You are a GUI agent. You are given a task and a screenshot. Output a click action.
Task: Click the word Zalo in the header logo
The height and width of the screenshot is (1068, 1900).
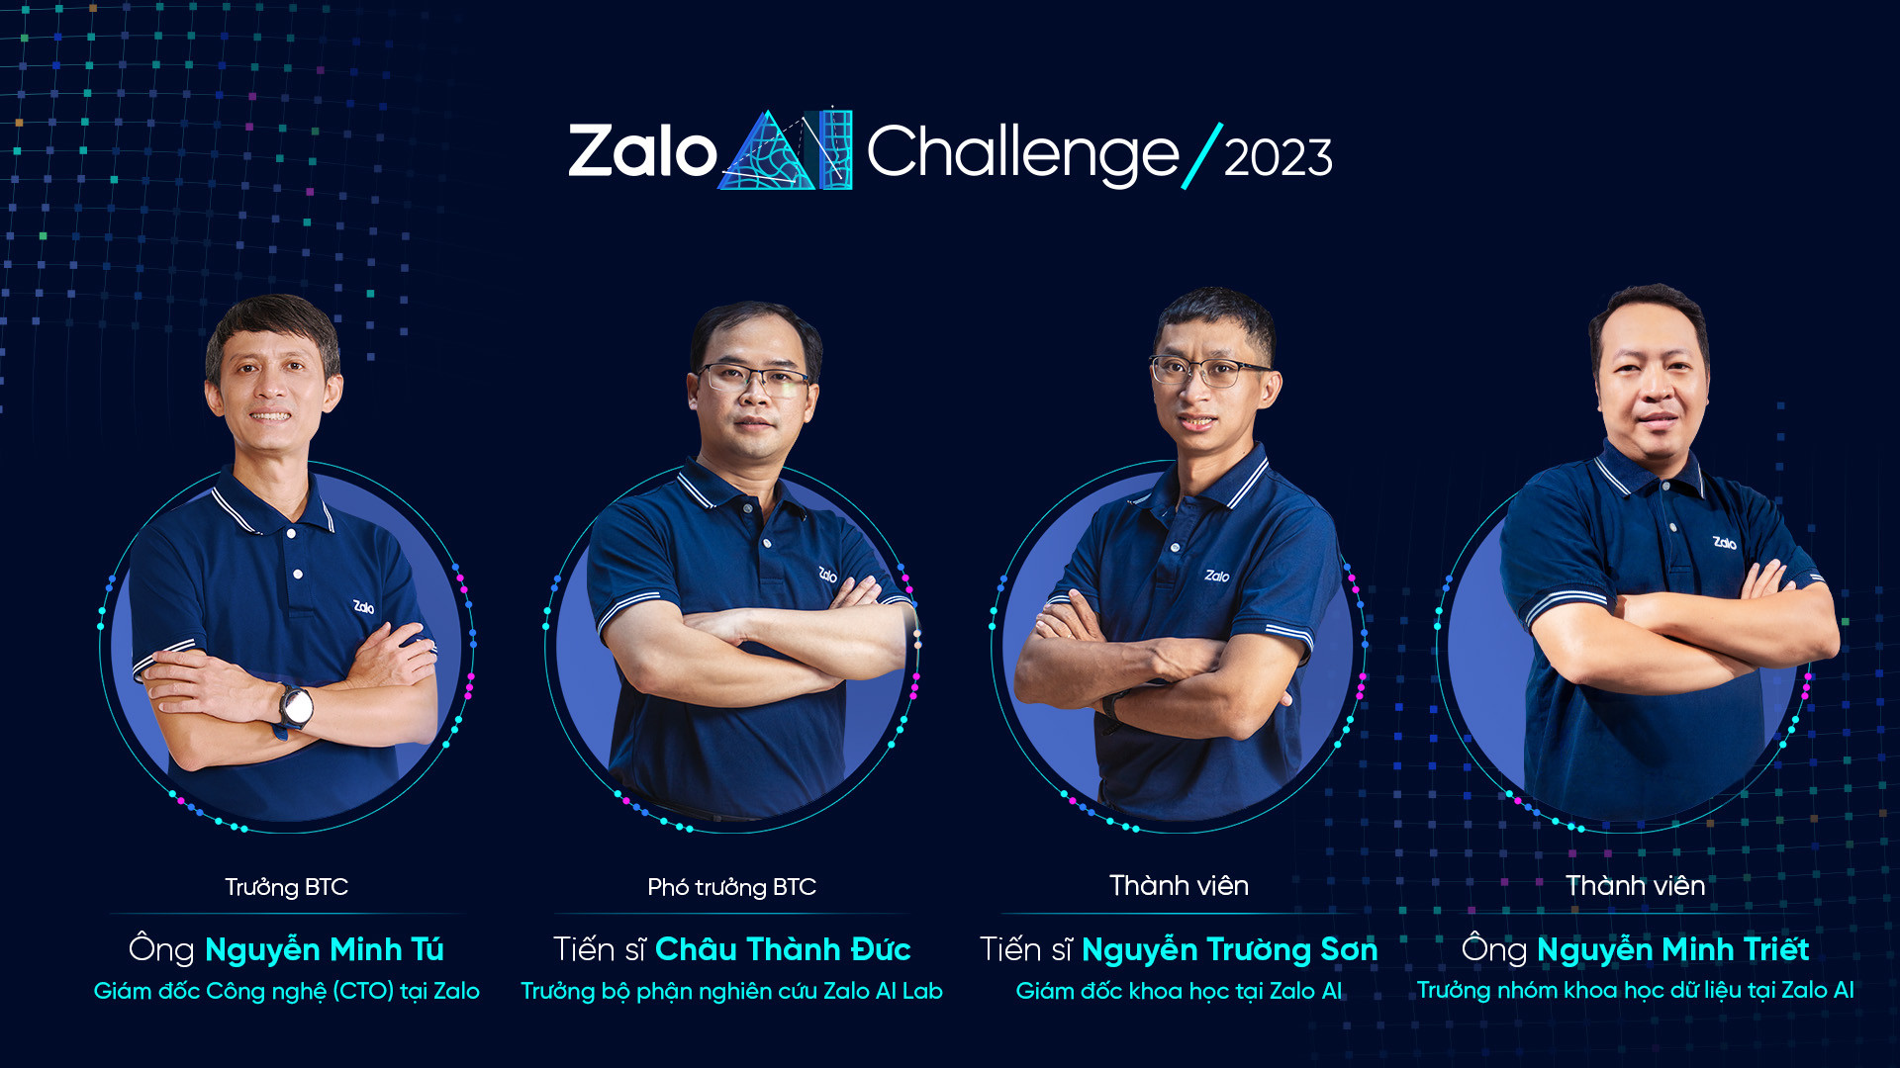pos(642,152)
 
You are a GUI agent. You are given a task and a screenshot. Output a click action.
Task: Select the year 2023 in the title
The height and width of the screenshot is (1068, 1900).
pos(1278,158)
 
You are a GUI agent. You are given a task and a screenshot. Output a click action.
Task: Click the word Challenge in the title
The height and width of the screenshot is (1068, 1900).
pos(1022,154)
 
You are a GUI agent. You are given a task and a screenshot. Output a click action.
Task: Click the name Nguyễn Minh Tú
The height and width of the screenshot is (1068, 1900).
pos(325,950)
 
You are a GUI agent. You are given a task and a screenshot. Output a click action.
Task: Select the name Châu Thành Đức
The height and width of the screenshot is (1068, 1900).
pos(783,949)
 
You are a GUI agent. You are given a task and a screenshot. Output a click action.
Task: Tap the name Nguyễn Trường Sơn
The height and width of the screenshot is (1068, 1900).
pos(1229,950)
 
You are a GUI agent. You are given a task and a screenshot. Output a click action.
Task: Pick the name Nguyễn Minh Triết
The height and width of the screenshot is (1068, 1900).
pos(1672,950)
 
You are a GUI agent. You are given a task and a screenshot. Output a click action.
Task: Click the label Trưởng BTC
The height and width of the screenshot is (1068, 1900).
pos(286,887)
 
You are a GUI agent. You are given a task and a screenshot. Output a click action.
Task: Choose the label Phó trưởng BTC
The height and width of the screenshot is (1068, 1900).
pos(731,887)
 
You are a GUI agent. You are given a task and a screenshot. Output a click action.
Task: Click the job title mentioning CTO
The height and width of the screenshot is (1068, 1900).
pos(286,991)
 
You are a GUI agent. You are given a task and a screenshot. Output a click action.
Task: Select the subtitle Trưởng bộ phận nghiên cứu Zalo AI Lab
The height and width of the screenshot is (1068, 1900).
pos(731,991)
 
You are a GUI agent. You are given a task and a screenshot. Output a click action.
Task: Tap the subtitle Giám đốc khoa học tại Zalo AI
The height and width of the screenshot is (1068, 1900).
pos(1179,991)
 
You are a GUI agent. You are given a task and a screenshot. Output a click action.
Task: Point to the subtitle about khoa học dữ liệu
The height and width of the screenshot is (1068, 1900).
pos(1635,990)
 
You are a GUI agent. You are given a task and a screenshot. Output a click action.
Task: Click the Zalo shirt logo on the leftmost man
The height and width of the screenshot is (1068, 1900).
pos(364,607)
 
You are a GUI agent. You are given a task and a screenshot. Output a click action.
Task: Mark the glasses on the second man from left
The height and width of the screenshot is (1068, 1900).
pos(753,378)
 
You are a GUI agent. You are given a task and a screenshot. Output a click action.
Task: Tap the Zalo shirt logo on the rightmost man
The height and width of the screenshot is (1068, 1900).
pos(1725,543)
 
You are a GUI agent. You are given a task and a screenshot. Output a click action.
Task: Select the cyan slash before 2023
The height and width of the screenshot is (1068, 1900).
pos(1202,155)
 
